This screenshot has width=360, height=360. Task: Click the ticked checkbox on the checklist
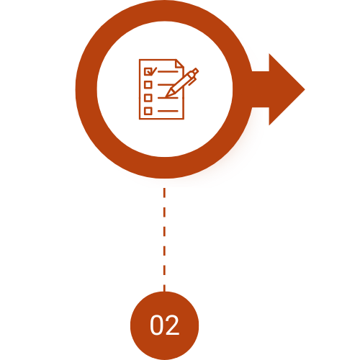pyautogui.click(x=148, y=71)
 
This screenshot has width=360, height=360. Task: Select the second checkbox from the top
pyautogui.click(x=148, y=84)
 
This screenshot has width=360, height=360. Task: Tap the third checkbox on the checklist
pyautogui.click(x=148, y=98)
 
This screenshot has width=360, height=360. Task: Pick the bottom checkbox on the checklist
pyautogui.click(x=148, y=111)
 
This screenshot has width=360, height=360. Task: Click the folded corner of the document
pyautogui.click(x=180, y=63)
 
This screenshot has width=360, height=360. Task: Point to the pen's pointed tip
pyautogui.click(x=166, y=96)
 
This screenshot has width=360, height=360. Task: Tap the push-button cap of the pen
pyautogui.click(x=195, y=71)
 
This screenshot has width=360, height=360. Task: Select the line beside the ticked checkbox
pyautogui.click(x=168, y=71)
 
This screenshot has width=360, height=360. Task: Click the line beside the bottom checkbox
pyautogui.click(x=168, y=111)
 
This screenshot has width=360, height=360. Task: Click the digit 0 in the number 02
pyautogui.click(x=157, y=325)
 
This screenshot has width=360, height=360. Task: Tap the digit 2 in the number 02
pyautogui.click(x=172, y=325)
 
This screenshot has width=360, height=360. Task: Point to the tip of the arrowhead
pyautogui.click(x=305, y=89)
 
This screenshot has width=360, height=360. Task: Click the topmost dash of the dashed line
pyautogui.click(x=164, y=193)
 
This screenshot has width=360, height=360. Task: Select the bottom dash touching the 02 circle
pyautogui.click(x=164, y=288)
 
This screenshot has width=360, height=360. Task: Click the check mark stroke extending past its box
pyautogui.click(x=154, y=70)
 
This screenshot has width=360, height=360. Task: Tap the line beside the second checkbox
pyautogui.click(x=166, y=84)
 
